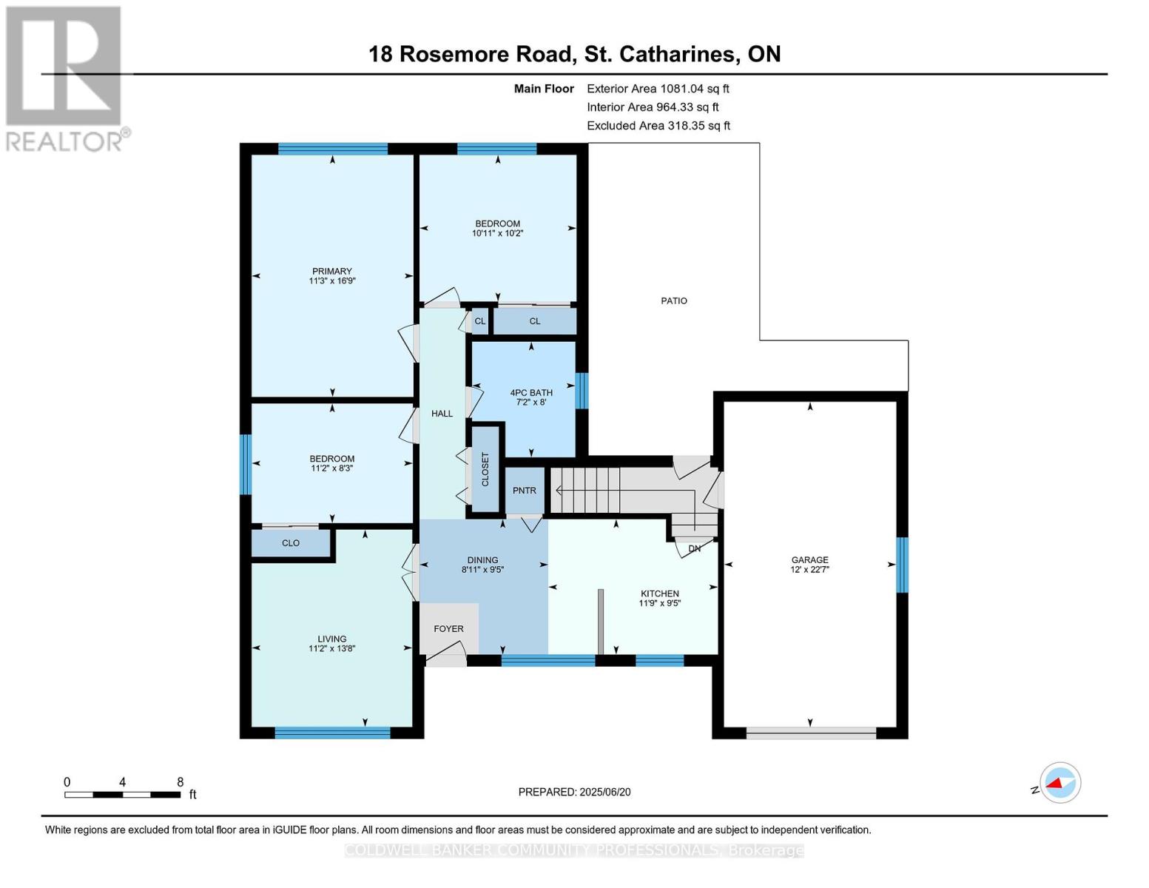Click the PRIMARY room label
tap(331, 272)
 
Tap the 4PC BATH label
tap(531, 393)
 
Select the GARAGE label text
tap(809, 560)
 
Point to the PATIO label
tap(673, 300)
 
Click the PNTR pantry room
tap(525, 491)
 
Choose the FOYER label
tap(448, 628)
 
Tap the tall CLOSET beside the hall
tap(485, 469)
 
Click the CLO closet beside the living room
tap(291, 543)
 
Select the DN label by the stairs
tap(694, 548)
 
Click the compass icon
tap(1059, 782)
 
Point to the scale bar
tap(123, 795)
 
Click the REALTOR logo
tap(65, 78)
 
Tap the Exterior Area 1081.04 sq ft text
tap(658, 89)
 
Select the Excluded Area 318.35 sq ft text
tap(658, 126)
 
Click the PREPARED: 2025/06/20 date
tap(574, 792)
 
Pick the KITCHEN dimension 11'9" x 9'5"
tap(659, 603)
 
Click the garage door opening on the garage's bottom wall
tap(811, 733)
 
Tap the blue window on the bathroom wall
tap(582, 391)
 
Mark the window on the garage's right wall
tap(902, 565)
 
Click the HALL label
tap(442, 414)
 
